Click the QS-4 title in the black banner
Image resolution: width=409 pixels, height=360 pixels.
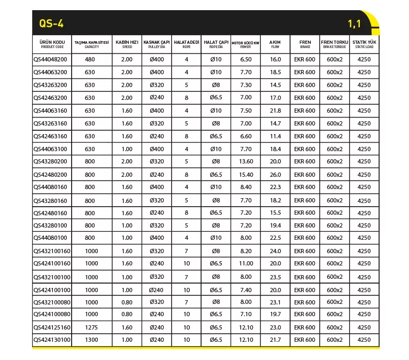click(52, 23)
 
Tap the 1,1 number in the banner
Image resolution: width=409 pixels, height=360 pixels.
click(355, 24)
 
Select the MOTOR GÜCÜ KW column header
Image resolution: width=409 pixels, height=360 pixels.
click(246, 44)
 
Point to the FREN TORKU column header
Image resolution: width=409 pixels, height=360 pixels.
click(334, 44)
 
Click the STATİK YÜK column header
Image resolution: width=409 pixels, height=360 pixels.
click(364, 44)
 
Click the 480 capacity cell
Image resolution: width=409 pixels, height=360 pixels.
click(90, 59)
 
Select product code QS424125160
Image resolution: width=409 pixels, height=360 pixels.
click(52, 327)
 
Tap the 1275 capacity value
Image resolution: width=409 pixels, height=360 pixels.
click(91, 327)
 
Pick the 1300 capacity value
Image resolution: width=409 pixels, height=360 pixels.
click(91, 340)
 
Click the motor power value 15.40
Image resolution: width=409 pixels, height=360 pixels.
click(246, 175)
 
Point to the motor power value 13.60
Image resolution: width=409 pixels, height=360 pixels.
click(246, 161)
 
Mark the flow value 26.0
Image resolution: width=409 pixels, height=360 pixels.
click(275, 175)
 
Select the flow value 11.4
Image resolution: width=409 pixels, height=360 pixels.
click(275, 136)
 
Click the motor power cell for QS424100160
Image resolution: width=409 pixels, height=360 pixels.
click(246, 263)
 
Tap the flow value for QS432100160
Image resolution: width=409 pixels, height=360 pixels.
click(275, 251)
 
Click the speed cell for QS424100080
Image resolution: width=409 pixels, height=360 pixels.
click(127, 315)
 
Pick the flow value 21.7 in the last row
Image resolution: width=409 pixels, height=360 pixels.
click(275, 340)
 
